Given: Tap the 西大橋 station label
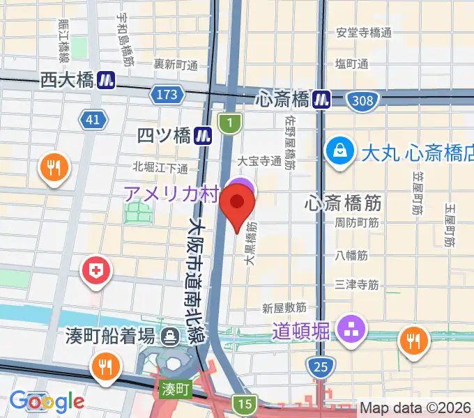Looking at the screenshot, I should tap(67, 80).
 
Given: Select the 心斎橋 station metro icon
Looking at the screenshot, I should tap(321, 100).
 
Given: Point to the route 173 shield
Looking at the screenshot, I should tap(167, 93).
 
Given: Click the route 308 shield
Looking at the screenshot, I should tap(363, 101).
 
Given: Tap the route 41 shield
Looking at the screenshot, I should tap(93, 120).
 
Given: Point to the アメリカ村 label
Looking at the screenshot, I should tap(171, 193).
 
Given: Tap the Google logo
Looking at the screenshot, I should tap(47, 401).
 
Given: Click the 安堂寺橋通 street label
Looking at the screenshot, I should tap(364, 33).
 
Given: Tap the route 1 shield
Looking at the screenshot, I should tap(228, 123).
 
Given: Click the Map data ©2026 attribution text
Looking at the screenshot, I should tap(415, 408).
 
